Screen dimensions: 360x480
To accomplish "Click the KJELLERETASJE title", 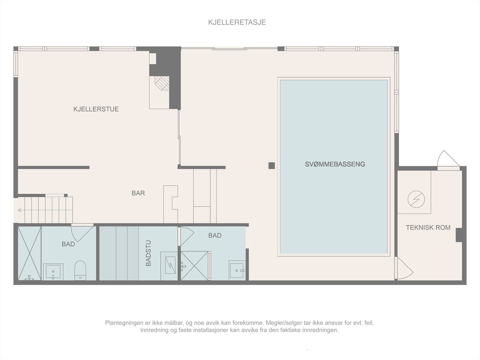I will coord(237,22).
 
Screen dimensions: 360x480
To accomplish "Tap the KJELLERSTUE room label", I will coord(96,109).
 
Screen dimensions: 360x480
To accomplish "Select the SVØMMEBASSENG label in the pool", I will coord(335,164).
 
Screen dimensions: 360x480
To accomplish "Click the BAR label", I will coord(138,193).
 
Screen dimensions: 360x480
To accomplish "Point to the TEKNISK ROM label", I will coord(428,228).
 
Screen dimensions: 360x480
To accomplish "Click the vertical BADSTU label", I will coord(148,253).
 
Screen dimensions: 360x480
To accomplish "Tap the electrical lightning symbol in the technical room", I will coord(416,199).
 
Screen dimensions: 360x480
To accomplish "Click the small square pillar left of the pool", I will coord(271,165).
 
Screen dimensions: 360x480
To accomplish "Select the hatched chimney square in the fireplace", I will coord(162,82).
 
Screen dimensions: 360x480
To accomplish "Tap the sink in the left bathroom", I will coord(53,271).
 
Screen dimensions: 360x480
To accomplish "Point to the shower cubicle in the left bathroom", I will coord(29,253).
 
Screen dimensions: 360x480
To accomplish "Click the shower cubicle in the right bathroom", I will coord(194,266).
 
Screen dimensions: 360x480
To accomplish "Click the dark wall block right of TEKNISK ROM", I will coord(459,235).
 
